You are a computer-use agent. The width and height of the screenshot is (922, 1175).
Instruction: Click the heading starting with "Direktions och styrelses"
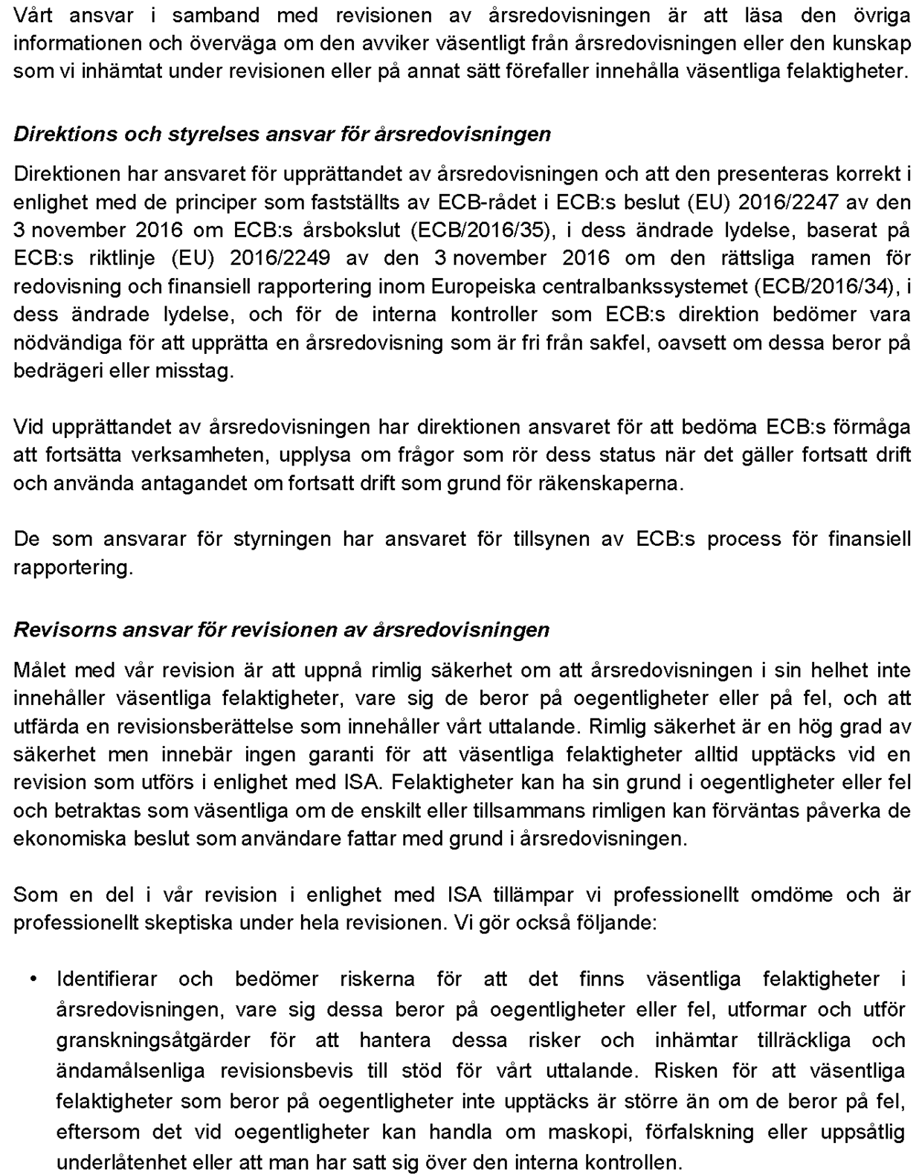point(283,135)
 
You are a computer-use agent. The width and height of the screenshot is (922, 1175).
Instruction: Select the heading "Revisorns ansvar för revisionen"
point(281,630)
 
